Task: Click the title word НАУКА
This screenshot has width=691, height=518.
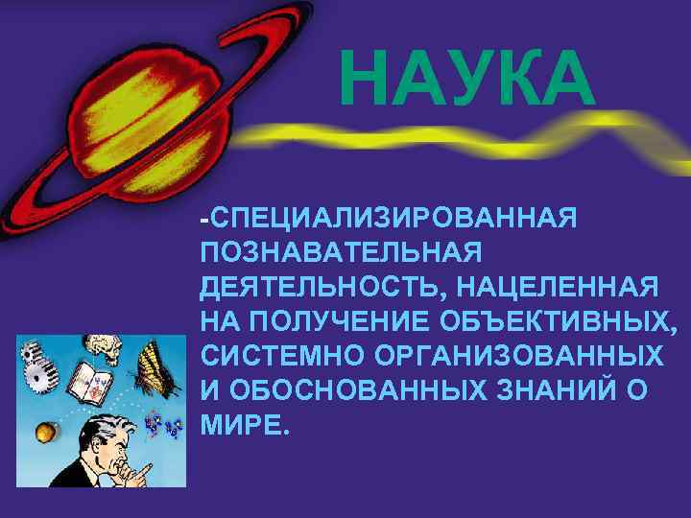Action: (x=467, y=82)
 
